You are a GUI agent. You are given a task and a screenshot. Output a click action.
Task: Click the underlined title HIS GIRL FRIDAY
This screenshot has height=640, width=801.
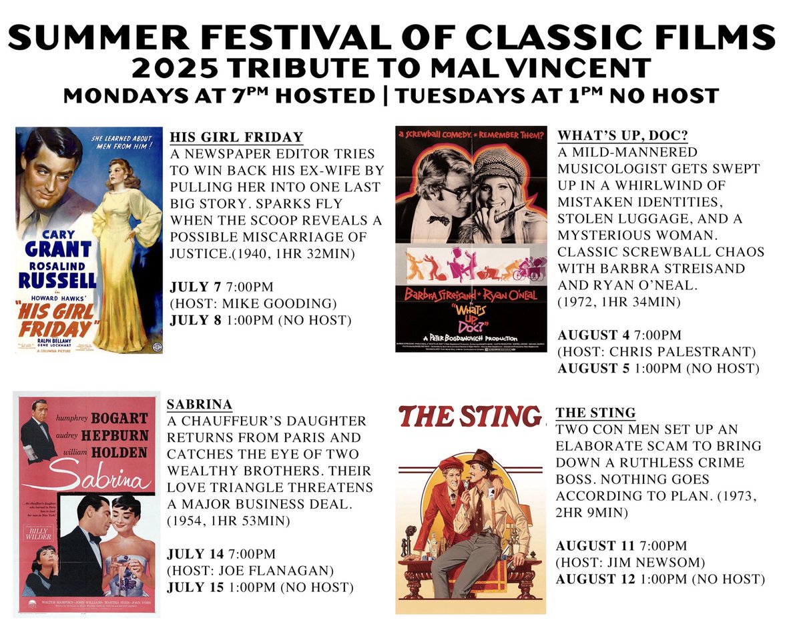tap(236, 137)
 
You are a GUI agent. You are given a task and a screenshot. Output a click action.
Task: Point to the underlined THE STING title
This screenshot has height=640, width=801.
tap(595, 413)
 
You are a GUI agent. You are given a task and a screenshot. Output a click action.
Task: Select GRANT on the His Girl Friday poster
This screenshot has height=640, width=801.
tap(58, 249)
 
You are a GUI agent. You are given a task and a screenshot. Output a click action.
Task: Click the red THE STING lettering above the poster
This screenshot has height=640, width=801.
tap(467, 416)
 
